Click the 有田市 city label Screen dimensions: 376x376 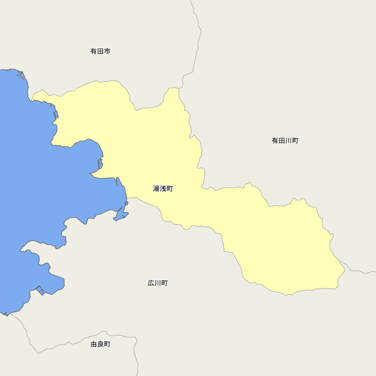point(100,51)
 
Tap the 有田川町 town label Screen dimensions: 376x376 point(285,141)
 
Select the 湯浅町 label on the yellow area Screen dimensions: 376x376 point(163,189)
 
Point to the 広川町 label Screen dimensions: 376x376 point(158,283)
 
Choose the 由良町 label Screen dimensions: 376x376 point(100,344)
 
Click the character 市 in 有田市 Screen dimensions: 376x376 point(107,51)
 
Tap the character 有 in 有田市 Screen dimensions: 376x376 point(94,51)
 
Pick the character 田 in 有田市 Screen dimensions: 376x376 point(100,51)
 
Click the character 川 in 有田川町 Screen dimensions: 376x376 point(288,141)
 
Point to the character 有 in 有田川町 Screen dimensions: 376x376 point(275,141)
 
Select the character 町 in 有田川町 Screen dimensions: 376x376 point(295,141)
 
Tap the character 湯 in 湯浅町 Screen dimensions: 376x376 point(156,189)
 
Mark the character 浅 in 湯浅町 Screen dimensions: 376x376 point(163,189)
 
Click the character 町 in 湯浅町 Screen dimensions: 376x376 point(170,189)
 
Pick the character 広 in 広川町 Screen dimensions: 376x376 point(151,283)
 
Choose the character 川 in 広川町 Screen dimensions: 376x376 point(158,283)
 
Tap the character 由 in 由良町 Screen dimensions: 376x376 point(94,344)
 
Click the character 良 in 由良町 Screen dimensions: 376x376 point(100,344)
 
